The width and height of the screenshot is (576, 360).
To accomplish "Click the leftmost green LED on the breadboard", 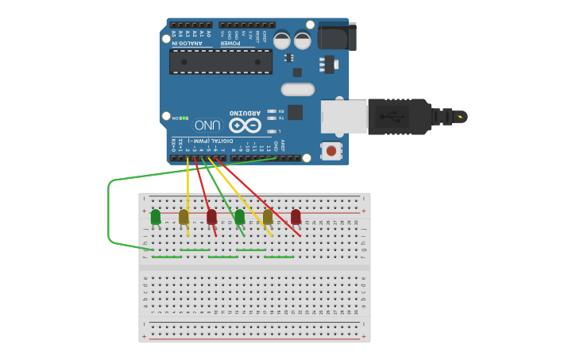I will [156, 216].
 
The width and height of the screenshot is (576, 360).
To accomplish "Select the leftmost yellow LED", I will [184, 216].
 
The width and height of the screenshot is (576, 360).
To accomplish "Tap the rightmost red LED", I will [296, 216].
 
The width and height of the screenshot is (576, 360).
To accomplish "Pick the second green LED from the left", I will [239, 216].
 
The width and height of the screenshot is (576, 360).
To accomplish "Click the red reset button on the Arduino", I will [330, 150].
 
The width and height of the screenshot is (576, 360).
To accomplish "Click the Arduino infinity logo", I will [245, 126].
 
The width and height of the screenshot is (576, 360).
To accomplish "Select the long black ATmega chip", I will [220, 61].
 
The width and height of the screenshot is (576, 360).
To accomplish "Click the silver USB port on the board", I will [343, 117].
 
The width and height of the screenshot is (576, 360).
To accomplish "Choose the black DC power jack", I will [336, 36].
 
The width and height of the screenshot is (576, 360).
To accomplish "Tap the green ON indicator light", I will [185, 118].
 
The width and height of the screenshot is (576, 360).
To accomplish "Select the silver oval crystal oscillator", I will [297, 89].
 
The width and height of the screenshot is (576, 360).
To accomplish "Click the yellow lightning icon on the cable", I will [459, 117].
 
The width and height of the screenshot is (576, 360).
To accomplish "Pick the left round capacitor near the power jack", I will [282, 40].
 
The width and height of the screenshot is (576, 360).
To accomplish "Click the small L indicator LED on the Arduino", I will [272, 131].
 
